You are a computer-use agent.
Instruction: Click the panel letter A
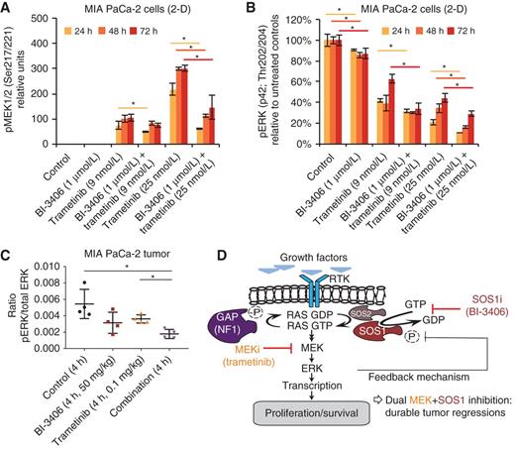pyautogui.click(x=8, y=9)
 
